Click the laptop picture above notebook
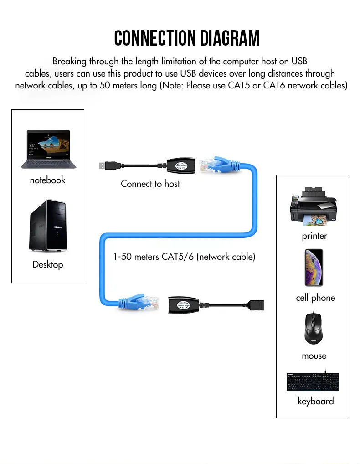48,149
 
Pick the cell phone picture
314,268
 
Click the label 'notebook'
47,180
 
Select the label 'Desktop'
48,264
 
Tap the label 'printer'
314,236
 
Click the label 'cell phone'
315,298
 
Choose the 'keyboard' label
315,401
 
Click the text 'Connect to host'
150,184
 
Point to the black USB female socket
258,305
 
